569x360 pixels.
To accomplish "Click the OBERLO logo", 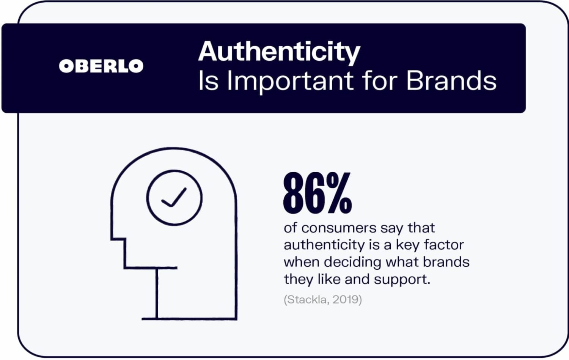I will tap(101, 66).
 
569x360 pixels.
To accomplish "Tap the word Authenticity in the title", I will tap(279, 52).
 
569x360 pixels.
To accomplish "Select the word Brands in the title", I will tap(451, 80).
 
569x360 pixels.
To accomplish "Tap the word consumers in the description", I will tap(339, 228).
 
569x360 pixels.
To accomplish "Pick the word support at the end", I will tap(402, 280).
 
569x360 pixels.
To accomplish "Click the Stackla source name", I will tap(307, 300).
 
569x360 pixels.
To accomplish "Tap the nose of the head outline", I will tap(118, 239).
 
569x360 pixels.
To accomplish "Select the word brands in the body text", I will tap(446, 262).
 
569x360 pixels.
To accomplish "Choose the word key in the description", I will tap(407, 245).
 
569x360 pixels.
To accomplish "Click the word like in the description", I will tap(329, 280).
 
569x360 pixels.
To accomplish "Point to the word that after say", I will tap(421, 228).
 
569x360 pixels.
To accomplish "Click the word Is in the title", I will tap(208, 81).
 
